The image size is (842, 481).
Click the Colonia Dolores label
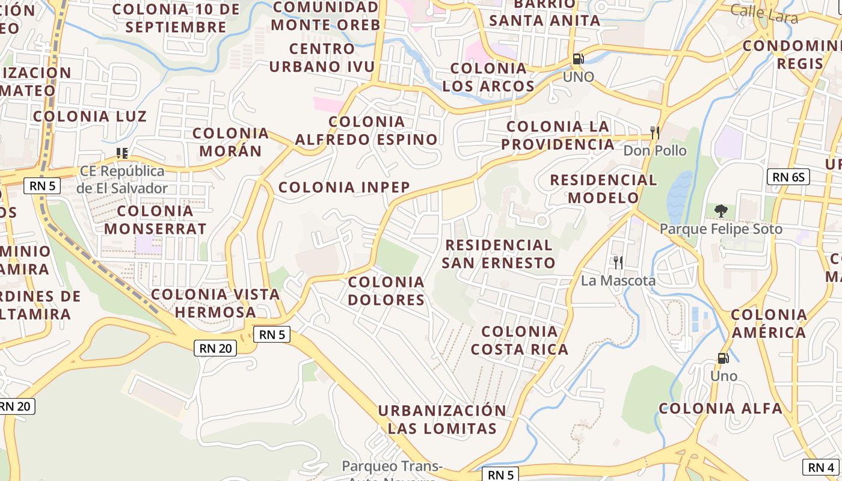(386, 290)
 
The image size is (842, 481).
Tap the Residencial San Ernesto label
(499, 254)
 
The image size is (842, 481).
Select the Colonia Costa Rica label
(520, 340)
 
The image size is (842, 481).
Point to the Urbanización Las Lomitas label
(442, 419)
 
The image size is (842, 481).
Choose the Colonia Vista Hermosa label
(215, 303)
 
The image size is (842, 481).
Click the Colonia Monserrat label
(155, 219)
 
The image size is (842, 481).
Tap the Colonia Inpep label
(344, 187)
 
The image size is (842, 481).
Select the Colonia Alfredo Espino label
(366, 130)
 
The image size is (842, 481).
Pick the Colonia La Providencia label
(558, 135)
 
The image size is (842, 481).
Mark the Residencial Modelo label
(603, 188)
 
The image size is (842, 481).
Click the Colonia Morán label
(230, 142)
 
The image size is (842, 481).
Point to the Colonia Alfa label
(721, 409)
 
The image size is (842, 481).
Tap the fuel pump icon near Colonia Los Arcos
(578, 59)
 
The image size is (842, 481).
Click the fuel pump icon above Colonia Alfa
(723, 358)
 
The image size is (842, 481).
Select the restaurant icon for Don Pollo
(655, 132)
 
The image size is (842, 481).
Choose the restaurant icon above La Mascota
(617, 262)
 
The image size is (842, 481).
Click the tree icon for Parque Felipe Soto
(721, 210)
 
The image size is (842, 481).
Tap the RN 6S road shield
(788, 177)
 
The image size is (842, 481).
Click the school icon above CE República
(122, 153)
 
